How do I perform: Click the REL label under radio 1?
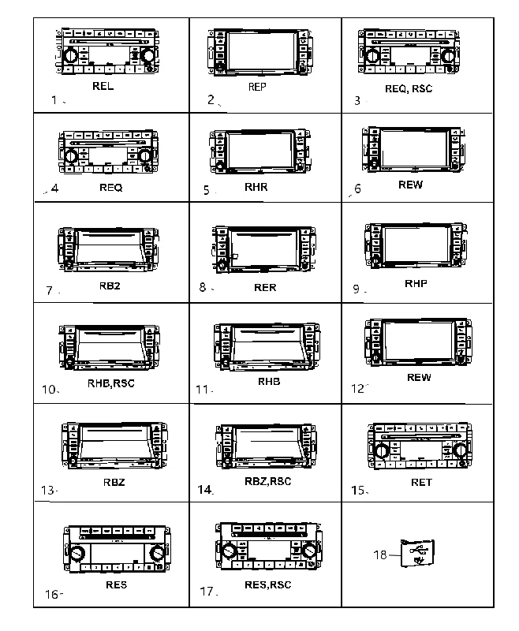[x=103, y=86]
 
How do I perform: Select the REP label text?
[x=257, y=87]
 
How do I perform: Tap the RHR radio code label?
[x=256, y=187]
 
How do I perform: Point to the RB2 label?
[x=110, y=286]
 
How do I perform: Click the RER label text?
[x=265, y=287]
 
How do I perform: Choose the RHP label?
[x=416, y=283]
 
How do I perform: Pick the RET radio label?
[x=421, y=482]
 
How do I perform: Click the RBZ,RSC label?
[x=268, y=481]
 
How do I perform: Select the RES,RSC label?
[x=268, y=584]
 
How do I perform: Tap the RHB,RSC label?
[x=111, y=383]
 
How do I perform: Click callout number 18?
[x=380, y=555]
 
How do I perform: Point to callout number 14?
[x=204, y=489]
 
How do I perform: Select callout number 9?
[x=357, y=289]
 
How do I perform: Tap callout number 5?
[x=207, y=190]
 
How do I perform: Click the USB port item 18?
[x=417, y=553]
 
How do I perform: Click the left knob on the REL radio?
[x=71, y=54]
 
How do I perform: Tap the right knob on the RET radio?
[x=459, y=450]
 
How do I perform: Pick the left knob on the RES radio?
[x=77, y=553]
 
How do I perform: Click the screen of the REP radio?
[x=262, y=51]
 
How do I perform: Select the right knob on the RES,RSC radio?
[x=309, y=549]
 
